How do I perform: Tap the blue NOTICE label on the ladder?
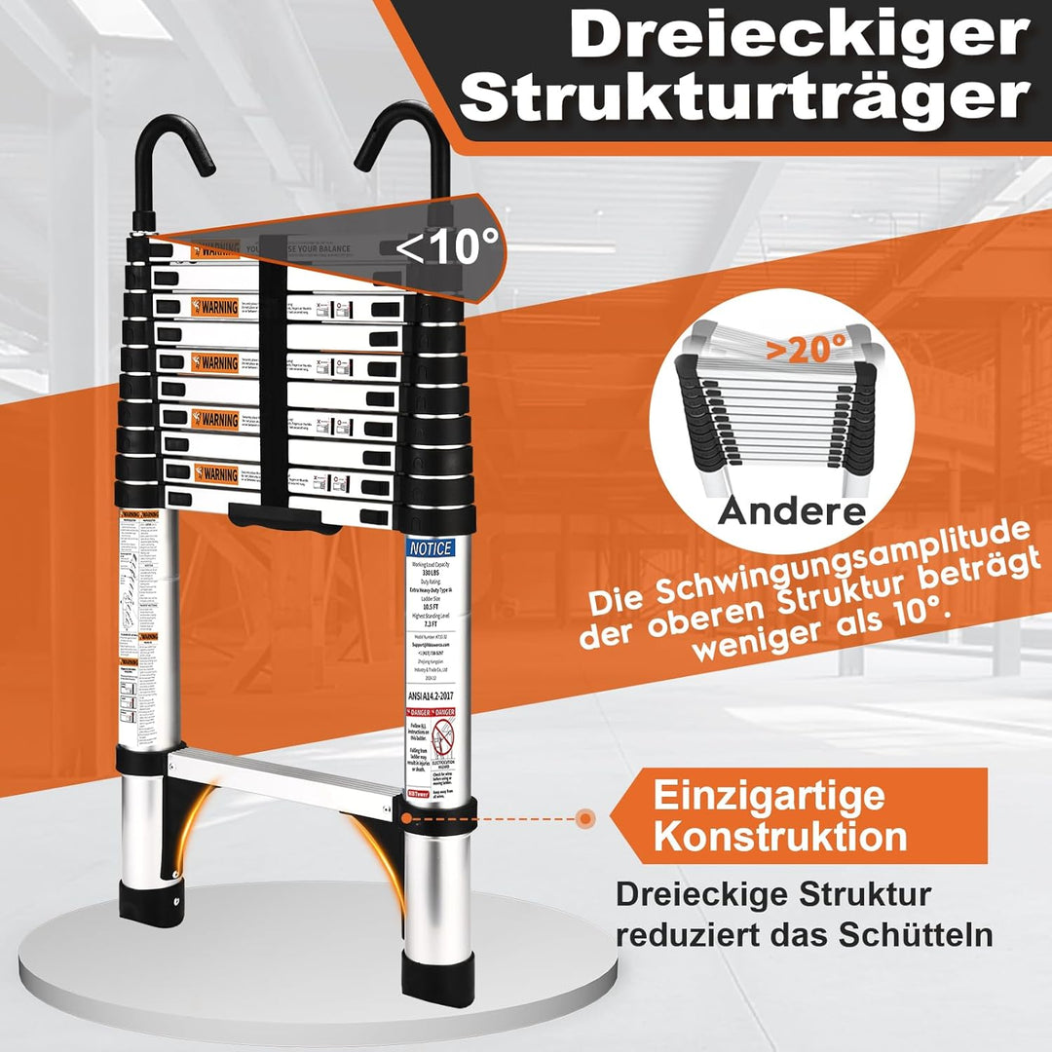click(430, 549)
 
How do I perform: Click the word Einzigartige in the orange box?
click(770, 795)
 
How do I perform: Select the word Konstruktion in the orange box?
click(780, 836)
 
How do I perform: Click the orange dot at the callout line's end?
click(585, 818)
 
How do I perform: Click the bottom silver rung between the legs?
click(282, 774)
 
